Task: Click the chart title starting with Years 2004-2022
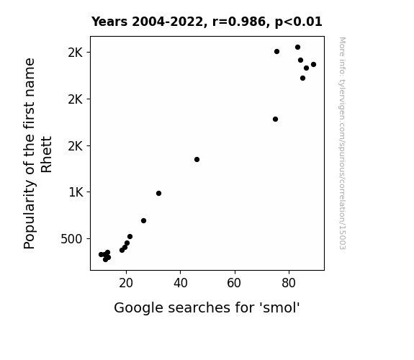coord(207,22)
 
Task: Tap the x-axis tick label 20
coord(126,283)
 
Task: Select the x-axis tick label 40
coord(180,283)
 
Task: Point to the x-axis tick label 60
coord(235,283)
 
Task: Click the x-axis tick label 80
coord(289,283)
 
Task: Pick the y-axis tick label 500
coord(71,239)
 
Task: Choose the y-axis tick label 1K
coord(76,192)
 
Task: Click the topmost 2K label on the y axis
coord(76,53)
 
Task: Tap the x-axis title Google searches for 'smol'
coord(207,307)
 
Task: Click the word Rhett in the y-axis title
coord(47,155)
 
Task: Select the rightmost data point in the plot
coord(313,65)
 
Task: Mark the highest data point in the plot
coord(297,48)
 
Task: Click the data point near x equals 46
coord(197,160)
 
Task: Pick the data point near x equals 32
coord(158,194)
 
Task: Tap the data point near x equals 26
coord(143,220)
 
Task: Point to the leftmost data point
coord(101,254)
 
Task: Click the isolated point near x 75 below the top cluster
coord(275,119)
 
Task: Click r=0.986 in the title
coord(239,22)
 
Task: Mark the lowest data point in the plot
coord(105,259)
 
